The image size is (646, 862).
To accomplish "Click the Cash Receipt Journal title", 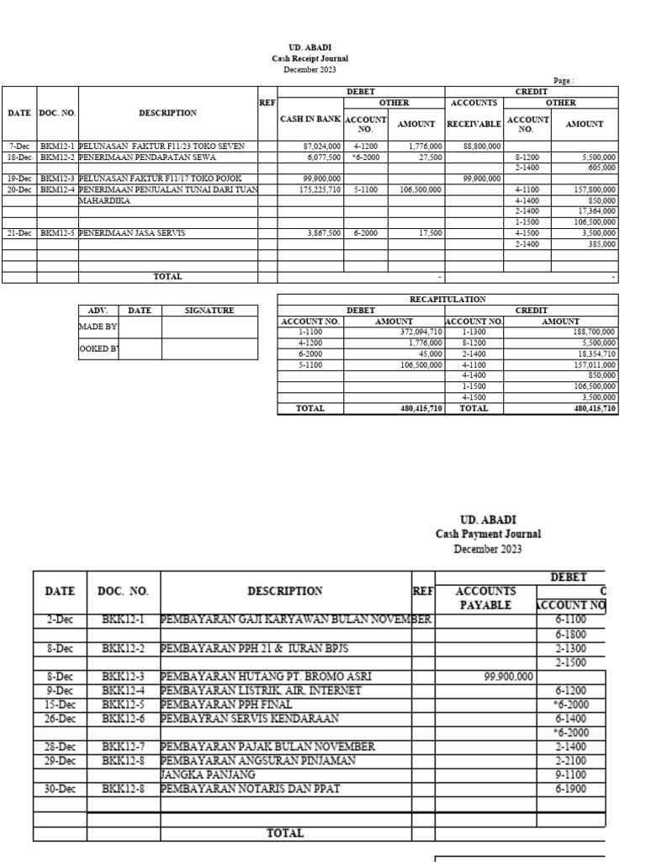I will [309, 59].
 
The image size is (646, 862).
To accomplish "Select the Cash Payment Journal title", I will [488, 534].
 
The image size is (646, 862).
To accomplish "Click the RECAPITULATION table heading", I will [447, 299].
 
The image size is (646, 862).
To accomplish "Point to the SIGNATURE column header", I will [209, 311].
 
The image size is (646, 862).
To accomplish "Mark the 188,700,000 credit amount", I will [589, 332].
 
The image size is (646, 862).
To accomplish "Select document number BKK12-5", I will [123, 704].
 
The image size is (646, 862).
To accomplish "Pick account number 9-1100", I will [571, 774].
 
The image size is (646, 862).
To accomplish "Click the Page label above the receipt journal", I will [562, 81].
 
